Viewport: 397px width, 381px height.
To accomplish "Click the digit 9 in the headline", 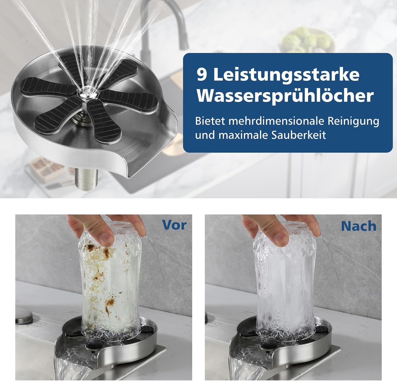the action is (202, 75).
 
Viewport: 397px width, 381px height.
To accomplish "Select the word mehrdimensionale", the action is (277, 121).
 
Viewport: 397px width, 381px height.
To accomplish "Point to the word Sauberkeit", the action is (299, 135).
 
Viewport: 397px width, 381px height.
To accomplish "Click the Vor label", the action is (174, 225).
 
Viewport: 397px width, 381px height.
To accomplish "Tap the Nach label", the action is (359, 226).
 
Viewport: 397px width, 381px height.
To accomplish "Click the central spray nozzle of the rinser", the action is (87, 93).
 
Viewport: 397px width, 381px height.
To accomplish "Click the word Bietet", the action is (210, 121).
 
